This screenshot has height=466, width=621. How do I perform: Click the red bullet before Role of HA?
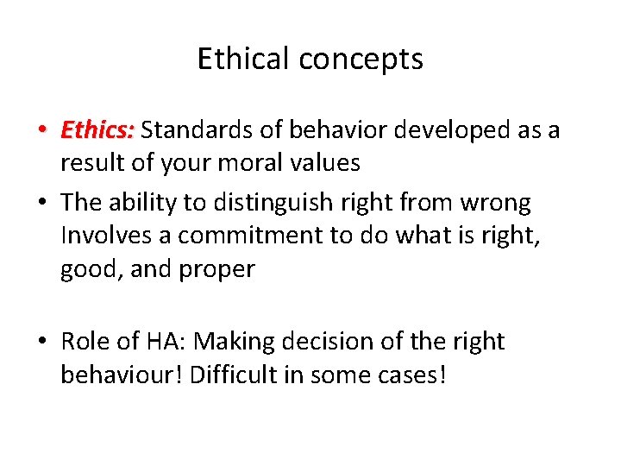click(x=42, y=343)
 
